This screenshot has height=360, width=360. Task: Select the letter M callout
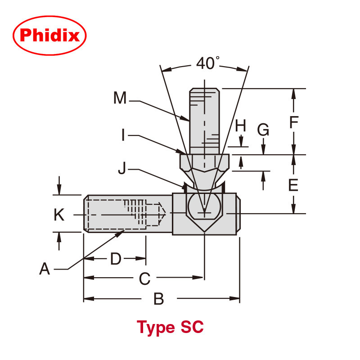(x=120, y=98)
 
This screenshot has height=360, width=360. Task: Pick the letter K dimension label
(x=59, y=215)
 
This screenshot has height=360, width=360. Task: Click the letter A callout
(x=45, y=269)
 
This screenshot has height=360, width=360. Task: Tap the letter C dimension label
(x=144, y=279)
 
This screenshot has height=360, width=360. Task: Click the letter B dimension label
(x=158, y=299)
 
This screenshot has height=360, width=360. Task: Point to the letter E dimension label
(x=293, y=185)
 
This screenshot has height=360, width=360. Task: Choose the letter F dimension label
(x=293, y=122)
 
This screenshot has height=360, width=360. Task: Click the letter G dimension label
(x=263, y=130)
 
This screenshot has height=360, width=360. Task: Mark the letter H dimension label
(x=241, y=126)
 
